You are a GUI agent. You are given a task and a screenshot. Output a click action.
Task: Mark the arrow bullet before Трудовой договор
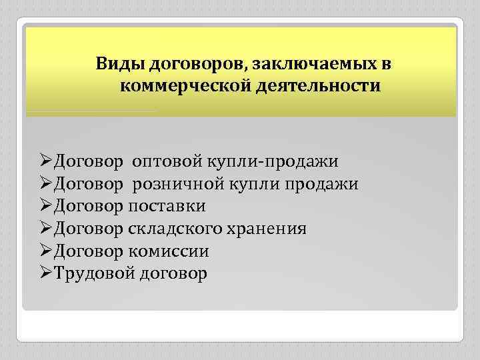pyautogui.click(x=45, y=273)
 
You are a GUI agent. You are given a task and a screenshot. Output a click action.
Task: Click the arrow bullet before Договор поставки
pyautogui.click(x=45, y=205)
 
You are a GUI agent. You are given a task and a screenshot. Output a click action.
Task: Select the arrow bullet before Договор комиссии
pyautogui.click(x=45, y=251)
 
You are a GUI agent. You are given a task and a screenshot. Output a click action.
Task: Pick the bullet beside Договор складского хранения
pyautogui.click(x=45, y=228)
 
